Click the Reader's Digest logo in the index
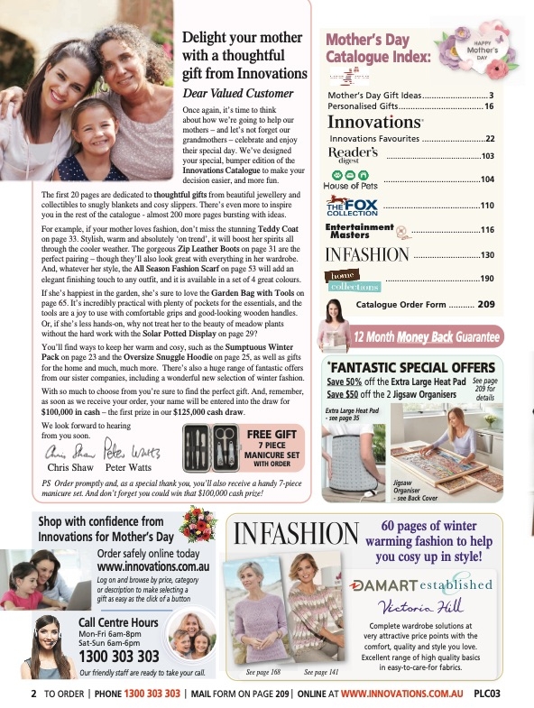pyautogui.click(x=352, y=155)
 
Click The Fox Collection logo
pyautogui.click(x=352, y=206)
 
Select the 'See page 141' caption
pyautogui.click(x=322, y=673)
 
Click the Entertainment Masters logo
pyautogui.click(x=359, y=230)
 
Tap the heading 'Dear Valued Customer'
pyautogui.click(x=238, y=94)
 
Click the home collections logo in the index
pyautogui.click(x=354, y=280)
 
